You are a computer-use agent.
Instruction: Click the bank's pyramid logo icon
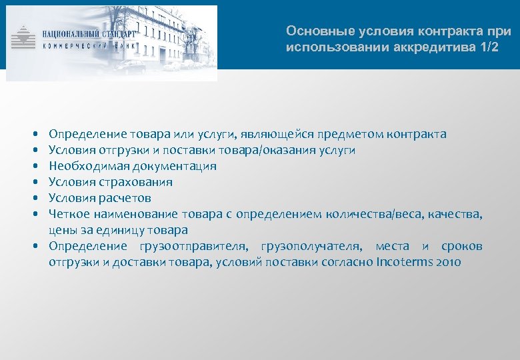point(25,37)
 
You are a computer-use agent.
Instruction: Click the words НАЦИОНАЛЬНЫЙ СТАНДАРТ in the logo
point(88,33)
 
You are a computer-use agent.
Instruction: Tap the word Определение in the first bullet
point(81,134)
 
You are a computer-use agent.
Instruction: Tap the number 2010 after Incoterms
point(447,263)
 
